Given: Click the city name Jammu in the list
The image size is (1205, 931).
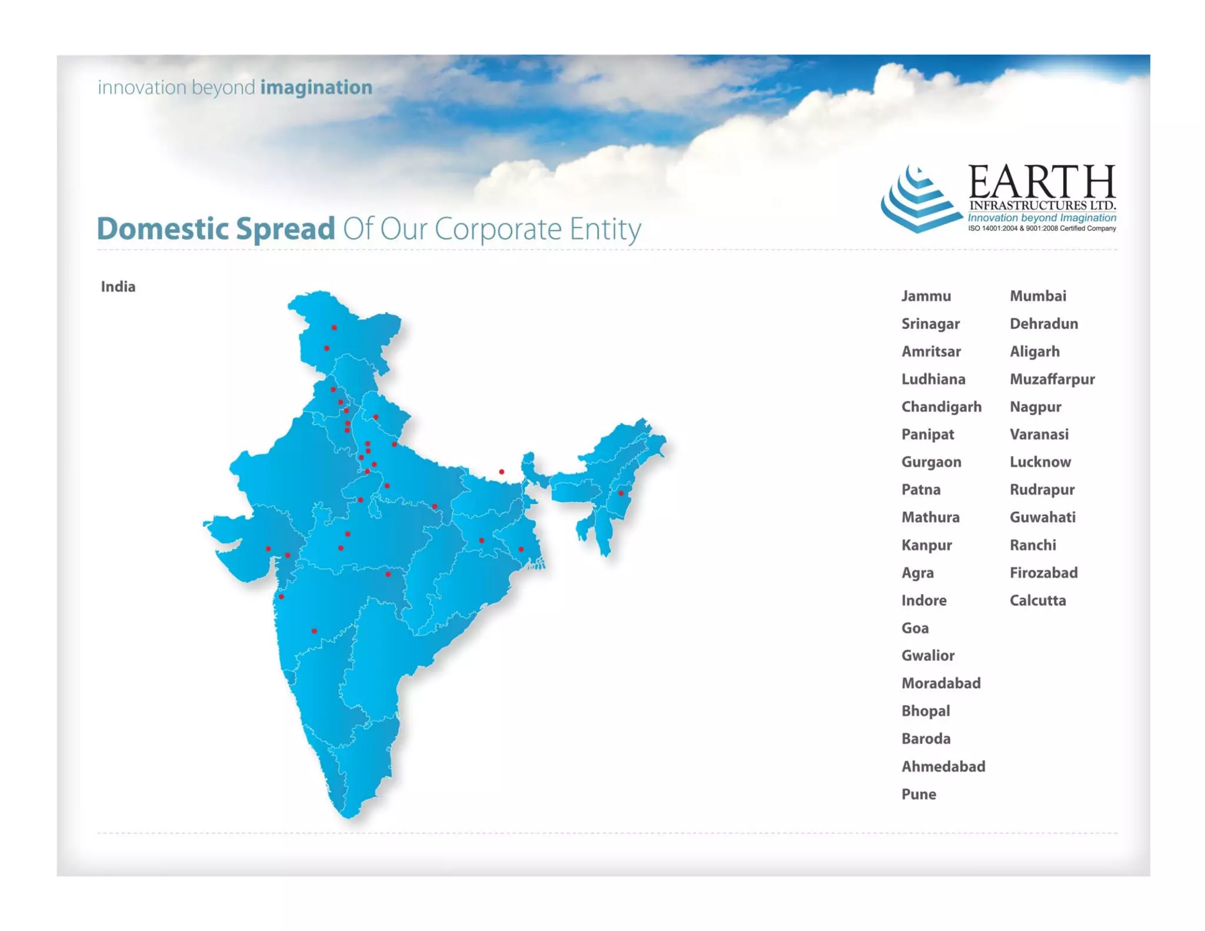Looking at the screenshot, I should tap(926, 296).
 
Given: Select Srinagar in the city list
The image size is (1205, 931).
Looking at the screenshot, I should tap(930, 324).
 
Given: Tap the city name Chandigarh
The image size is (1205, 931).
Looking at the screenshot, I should tap(941, 407).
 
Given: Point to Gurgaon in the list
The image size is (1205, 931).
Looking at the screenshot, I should tap(931, 462).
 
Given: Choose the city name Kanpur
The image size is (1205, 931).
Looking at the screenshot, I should tap(926, 545).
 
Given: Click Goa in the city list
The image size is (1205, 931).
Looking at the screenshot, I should tap(915, 628).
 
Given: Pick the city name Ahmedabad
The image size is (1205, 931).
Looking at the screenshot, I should tap(943, 766).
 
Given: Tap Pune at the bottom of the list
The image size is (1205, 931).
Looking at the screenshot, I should tap(918, 794).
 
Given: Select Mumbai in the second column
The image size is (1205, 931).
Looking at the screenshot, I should tap(1037, 296).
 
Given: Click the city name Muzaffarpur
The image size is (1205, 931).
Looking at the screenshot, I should tap(1051, 379).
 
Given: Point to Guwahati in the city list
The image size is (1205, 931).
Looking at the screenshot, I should tap(1042, 517).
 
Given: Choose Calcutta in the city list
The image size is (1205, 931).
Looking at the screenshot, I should tap(1037, 600).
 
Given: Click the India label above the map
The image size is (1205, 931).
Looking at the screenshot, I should tap(118, 287).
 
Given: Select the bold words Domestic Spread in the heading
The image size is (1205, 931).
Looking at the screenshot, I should tap(215, 228).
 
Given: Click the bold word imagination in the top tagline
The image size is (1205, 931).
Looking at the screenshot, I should tap(316, 87).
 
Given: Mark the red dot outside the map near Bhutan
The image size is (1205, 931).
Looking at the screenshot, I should tap(501, 471).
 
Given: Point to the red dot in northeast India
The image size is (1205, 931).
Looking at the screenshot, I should tap(621, 493).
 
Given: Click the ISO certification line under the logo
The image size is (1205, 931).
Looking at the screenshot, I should tap(1041, 228).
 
